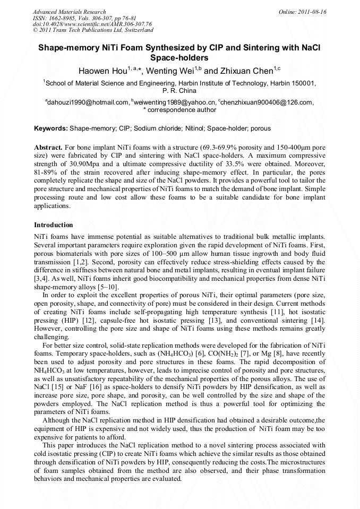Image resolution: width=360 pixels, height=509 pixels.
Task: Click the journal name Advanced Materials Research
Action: pyautogui.click(x=69, y=12)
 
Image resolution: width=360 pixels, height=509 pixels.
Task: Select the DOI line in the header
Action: pyautogui.click(x=92, y=24)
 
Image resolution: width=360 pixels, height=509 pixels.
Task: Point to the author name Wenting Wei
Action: pyautogui.click(x=170, y=71)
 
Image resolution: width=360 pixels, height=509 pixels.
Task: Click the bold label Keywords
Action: pyautogui.click(x=51, y=128)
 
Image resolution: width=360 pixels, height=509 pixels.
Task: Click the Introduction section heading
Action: pyautogui.click(x=53, y=225)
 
